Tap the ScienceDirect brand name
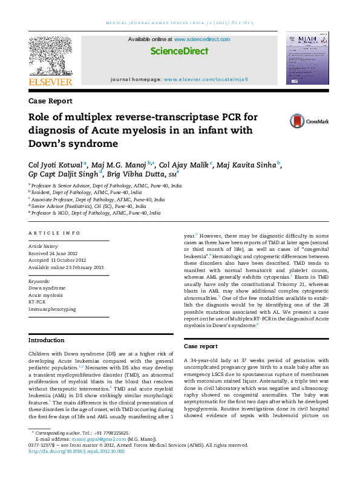click(179, 51)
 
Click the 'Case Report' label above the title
click(51, 101)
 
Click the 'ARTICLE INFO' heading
click(55, 233)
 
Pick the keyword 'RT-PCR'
click(38, 301)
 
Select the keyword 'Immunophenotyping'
click(53, 309)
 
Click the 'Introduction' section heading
click(47, 340)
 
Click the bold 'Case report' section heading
click(201, 346)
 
